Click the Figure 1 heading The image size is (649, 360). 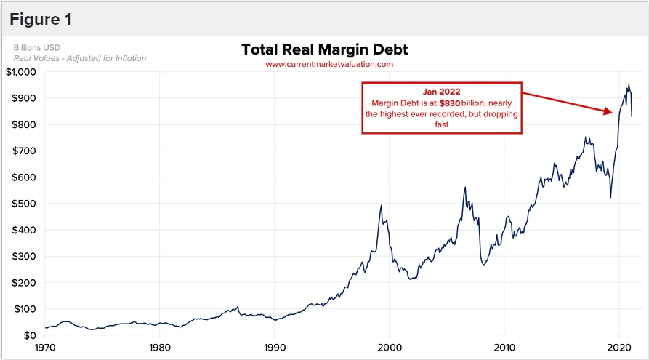click(41, 20)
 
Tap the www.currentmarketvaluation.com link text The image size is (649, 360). click(329, 64)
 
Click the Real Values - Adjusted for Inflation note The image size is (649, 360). click(80, 58)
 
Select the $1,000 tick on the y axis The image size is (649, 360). click(20, 72)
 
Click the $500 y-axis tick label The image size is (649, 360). click(24, 204)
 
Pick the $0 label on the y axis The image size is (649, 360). click(29, 335)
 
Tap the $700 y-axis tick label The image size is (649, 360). click(24, 151)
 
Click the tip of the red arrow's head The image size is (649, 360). click(613, 112)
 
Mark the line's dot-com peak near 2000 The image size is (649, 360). click(382, 206)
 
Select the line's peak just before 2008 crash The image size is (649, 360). click(465, 188)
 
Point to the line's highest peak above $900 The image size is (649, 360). click(629, 85)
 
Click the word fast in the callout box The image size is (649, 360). click(442, 124)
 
